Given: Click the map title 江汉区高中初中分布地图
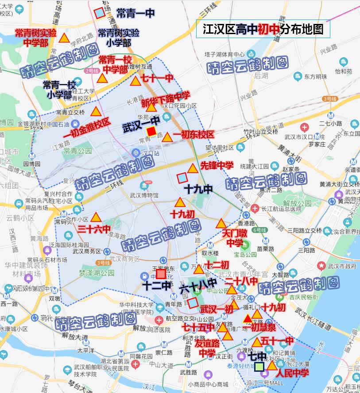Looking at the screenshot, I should [263, 29].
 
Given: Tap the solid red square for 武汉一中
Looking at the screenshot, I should [151, 131].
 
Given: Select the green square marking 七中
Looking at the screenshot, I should [259, 367].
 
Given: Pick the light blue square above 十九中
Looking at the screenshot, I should [182, 178].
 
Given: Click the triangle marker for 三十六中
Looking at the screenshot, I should [96, 218].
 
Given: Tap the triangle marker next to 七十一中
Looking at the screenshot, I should [135, 81].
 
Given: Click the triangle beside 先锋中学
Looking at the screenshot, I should [192, 168].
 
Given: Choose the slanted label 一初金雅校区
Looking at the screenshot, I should [87, 128].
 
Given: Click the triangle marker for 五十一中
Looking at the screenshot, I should [257, 342].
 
